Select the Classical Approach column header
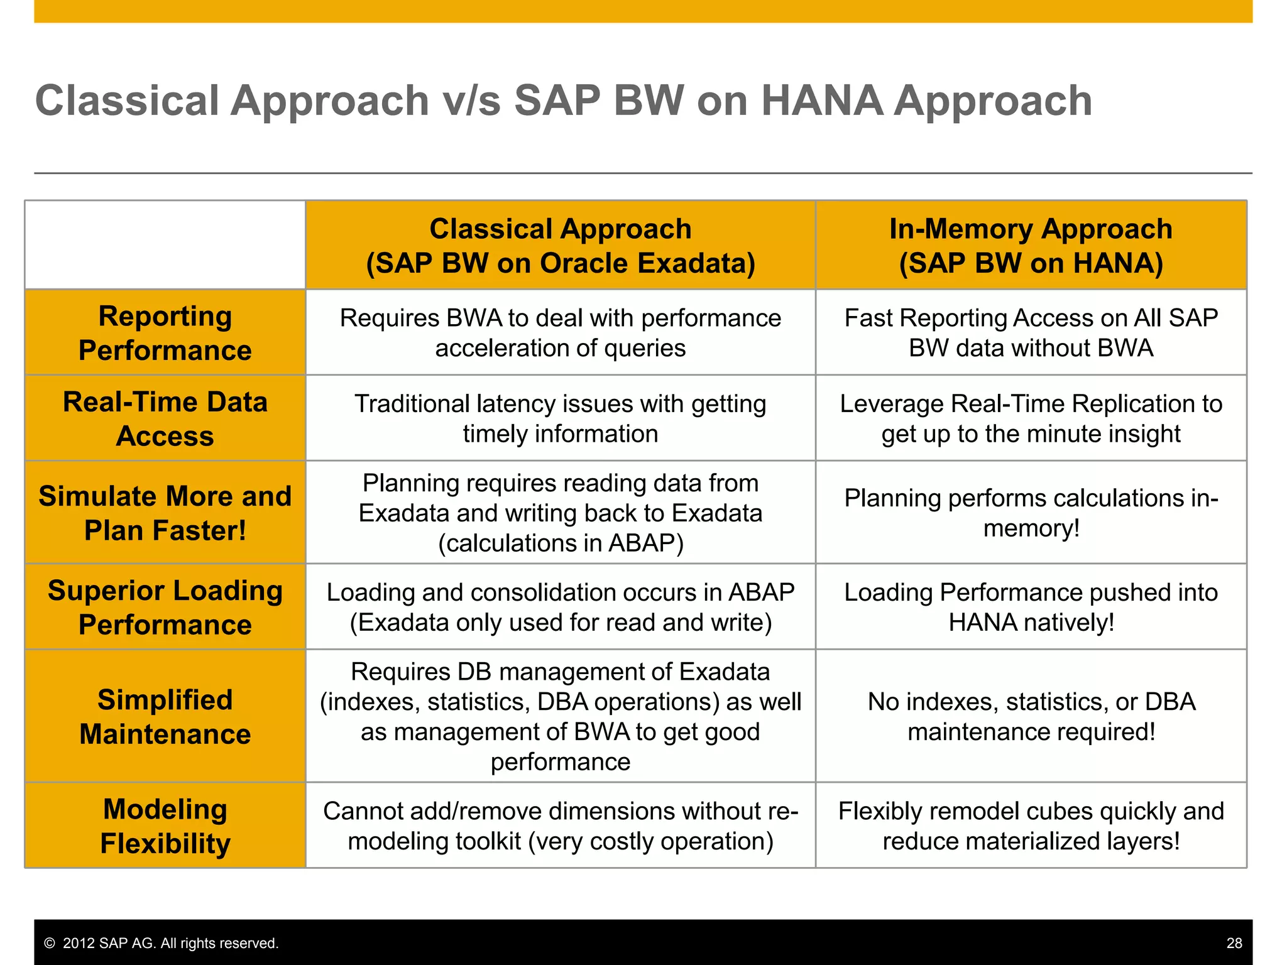560,246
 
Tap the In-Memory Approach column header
1031,246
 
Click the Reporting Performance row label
165,333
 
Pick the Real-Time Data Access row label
165,418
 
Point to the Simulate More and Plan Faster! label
165,513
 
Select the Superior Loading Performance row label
165,607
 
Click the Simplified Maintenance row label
165,716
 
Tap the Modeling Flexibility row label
165,826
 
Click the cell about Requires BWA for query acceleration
560,333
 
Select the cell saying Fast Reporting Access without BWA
1031,333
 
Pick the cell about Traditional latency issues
560,418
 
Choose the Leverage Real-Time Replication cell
1031,418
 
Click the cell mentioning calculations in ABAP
560,513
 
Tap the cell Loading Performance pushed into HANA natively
1031,607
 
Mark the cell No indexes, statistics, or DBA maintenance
1031,716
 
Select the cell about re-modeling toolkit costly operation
560,826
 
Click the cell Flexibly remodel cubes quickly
1031,826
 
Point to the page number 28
1234,943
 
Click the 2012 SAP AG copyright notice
162,943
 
